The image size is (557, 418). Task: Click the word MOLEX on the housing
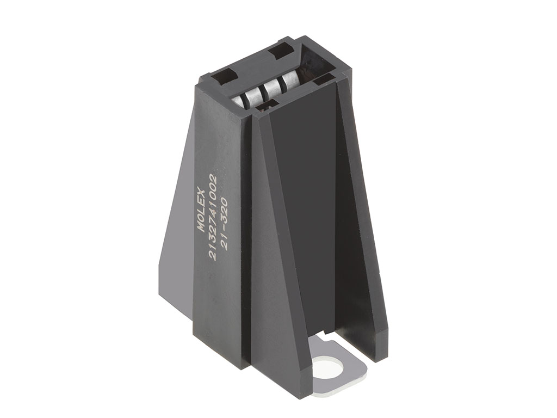click(x=201, y=210)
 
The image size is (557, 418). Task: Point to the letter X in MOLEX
click(x=202, y=192)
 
